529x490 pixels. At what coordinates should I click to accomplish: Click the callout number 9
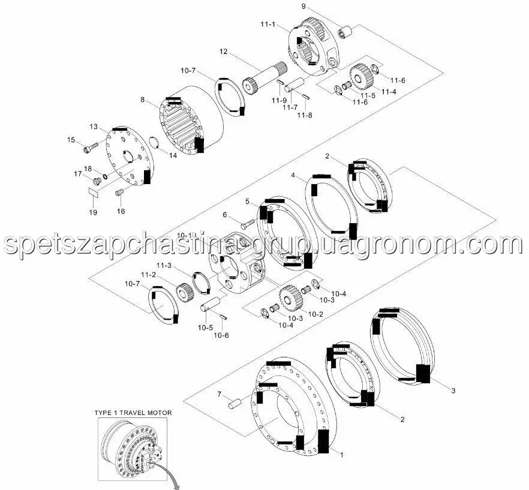pos(303,6)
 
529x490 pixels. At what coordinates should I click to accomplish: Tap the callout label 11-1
pos(268,25)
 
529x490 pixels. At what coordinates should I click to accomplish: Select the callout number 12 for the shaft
pos(223,52)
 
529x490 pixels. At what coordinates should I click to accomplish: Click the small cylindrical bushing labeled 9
pos(345,32)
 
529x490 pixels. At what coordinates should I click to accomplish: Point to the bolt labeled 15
pos(91,148)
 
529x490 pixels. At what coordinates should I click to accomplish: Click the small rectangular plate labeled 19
pos(93,193)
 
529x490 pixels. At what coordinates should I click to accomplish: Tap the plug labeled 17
pos(97,181)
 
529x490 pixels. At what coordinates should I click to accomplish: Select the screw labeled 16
pos(119,193)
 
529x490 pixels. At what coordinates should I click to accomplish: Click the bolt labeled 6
pos(248,224)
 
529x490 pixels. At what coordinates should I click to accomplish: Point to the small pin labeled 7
pos(235,404)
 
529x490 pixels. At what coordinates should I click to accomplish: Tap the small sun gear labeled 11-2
pos(184,292)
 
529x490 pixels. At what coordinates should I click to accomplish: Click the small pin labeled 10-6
pos(223,317)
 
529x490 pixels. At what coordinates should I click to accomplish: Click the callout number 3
pos(453,390)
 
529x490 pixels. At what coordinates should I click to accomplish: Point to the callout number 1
pos(341,455)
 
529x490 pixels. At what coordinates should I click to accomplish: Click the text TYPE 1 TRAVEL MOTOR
pos(133,413)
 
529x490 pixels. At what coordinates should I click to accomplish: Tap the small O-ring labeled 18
pos(105,176)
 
